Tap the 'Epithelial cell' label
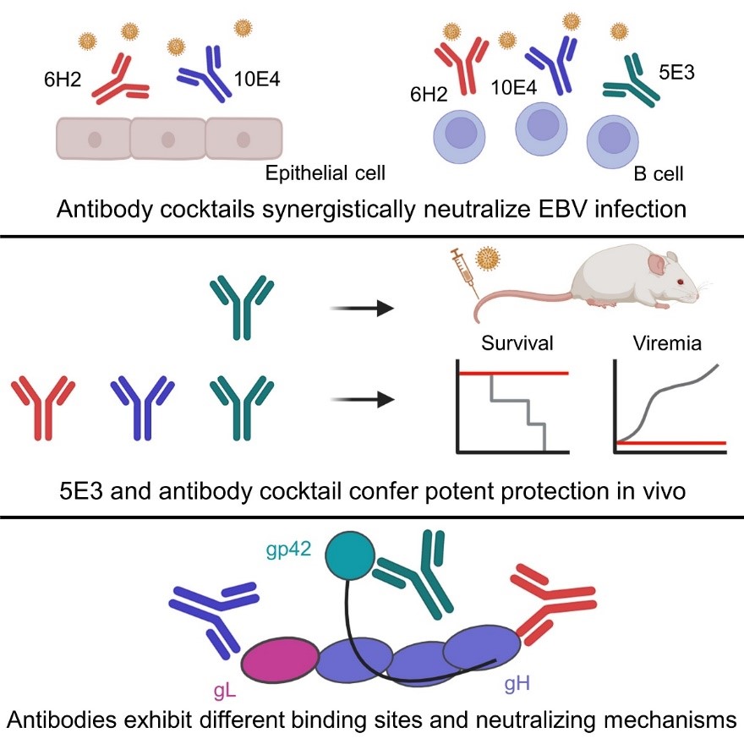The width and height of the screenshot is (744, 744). click(326, 173)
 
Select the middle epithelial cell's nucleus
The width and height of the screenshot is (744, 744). click(168, 139)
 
